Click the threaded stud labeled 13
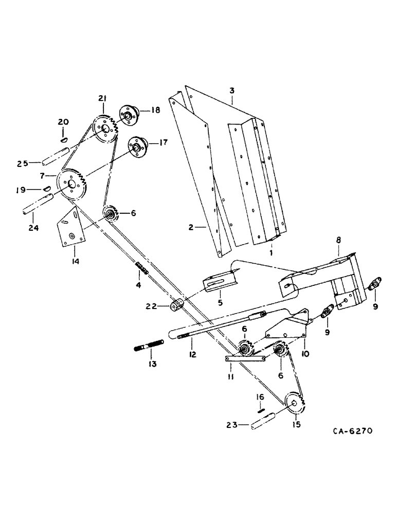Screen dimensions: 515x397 click(x=149, y=341)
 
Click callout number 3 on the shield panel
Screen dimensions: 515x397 click(x=232, y=90)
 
